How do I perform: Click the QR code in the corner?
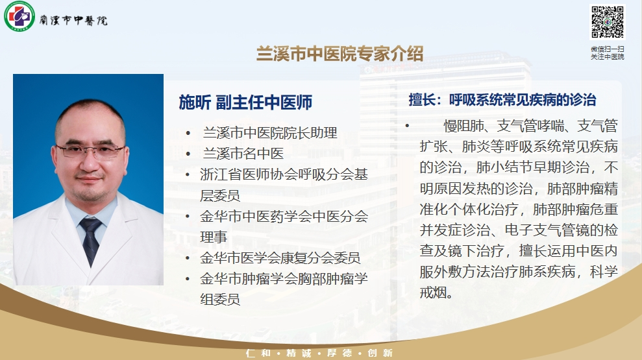coord(608,21)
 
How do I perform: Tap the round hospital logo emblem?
coord(19,16)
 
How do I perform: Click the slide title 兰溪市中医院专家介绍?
coord(340,54)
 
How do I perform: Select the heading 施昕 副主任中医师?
coord(245,102)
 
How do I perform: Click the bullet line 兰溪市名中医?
coord(243,154)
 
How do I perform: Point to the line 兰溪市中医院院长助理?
coord(270,132)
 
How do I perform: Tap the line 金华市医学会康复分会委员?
coord(280,258)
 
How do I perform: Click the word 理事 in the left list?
coord(214,237)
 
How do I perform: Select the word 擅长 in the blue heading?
coord(422,100)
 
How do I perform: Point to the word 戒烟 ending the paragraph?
coord(433,293)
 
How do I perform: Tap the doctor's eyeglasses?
coord(90,151)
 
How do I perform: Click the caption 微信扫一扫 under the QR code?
coord(607,49)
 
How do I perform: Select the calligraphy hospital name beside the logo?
coord(73,20)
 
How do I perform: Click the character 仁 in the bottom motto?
coord(250,353)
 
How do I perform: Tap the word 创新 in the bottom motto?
coord(380,353)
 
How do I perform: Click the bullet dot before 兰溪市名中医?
coord(188,154)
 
